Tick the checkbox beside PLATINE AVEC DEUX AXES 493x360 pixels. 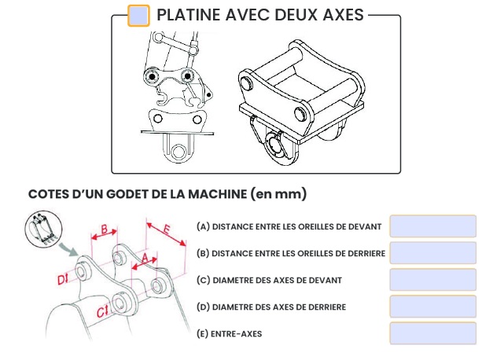tap(138, 16)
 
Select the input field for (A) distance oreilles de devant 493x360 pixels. tap(432, 226)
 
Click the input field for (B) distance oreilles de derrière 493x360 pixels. tap(432, 253)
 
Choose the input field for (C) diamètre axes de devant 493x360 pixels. tap(432, 280)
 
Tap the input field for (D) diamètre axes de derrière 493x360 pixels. tap(432, 307)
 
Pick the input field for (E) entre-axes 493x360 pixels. tap(432, 333)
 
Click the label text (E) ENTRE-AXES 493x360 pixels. tap(230, 333)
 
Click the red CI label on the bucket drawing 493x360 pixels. tap(101, 312)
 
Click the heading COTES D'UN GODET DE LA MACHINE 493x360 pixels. tap(138, 193)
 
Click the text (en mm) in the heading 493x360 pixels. tap(278, 193)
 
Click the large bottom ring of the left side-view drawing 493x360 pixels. tap(181, 149)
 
